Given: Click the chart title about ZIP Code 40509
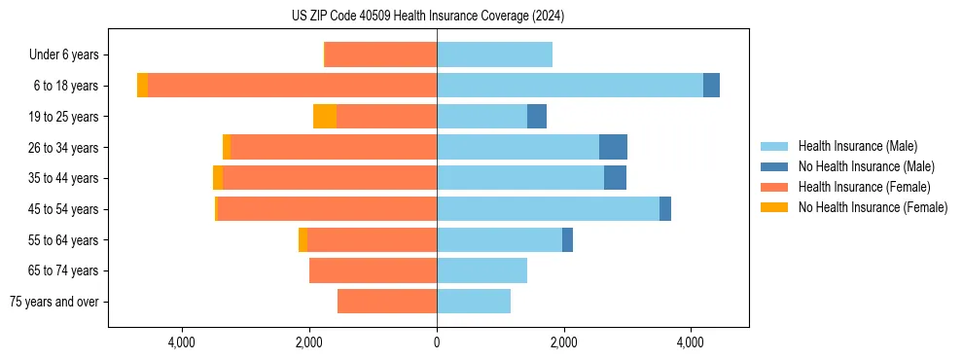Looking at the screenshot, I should point(428,16).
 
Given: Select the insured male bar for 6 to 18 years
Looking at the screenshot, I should point(569,86).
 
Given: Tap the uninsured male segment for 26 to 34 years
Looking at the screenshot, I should point(613,147).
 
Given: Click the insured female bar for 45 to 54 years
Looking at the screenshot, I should point(326,209).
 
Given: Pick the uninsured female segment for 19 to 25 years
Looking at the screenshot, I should point(325,117).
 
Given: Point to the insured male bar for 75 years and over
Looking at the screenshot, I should point(474,302).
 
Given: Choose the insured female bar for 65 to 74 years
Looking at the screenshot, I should point(373,270).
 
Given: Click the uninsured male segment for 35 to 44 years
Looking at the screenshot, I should point(615,178).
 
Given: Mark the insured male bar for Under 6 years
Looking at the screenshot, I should point(494,54).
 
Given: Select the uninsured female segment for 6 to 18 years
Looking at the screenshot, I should point(142,86).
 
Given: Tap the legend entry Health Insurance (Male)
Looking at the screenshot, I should point(857,147).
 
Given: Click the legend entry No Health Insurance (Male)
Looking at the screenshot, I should point(866,167).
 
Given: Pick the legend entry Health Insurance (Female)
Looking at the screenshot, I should point(864,187).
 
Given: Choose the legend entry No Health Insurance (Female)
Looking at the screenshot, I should point(873,207).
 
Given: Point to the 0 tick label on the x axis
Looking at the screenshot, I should point(437,342).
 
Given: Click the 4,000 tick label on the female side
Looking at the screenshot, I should point(182,342).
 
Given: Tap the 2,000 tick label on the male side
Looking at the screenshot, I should point(563,342).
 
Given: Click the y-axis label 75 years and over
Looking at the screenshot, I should point(53,302).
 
